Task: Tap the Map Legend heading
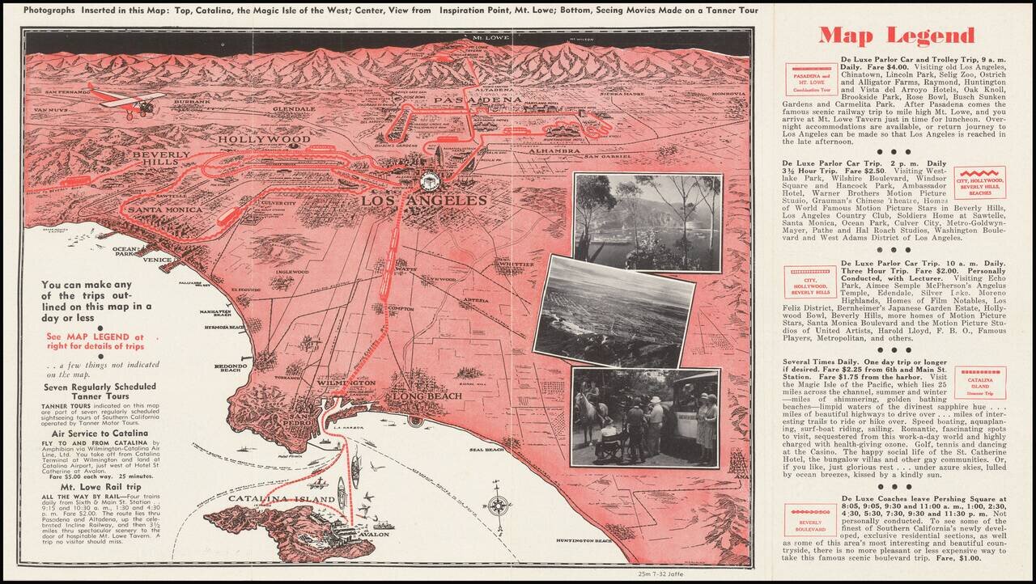click(896, 36)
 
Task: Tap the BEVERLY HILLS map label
click(161, 159)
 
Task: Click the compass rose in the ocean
click(499, 504)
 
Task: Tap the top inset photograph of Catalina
click(647, 222)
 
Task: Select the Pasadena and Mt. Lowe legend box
click(811, 79)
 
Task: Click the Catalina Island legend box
click(980, 383)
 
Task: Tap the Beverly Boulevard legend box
click(810, 520)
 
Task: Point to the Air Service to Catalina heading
click(95, 434)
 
